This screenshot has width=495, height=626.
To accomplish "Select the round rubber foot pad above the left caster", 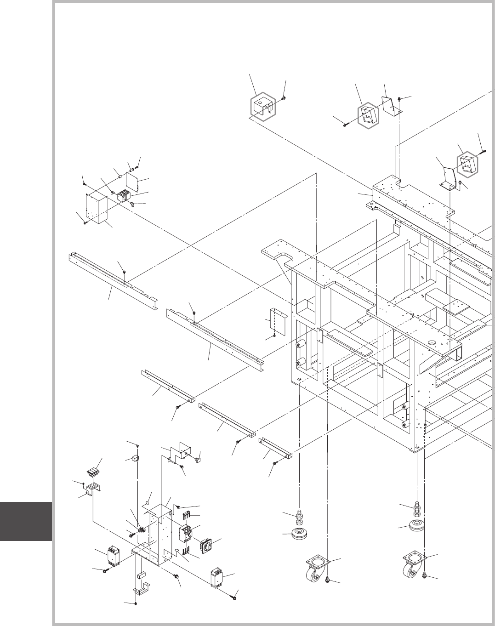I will point(301,534).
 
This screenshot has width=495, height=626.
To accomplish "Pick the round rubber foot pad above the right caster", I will point(417,527).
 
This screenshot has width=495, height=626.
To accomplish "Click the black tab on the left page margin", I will point(26,521).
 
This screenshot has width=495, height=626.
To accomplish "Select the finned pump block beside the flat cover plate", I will point(124,197).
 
